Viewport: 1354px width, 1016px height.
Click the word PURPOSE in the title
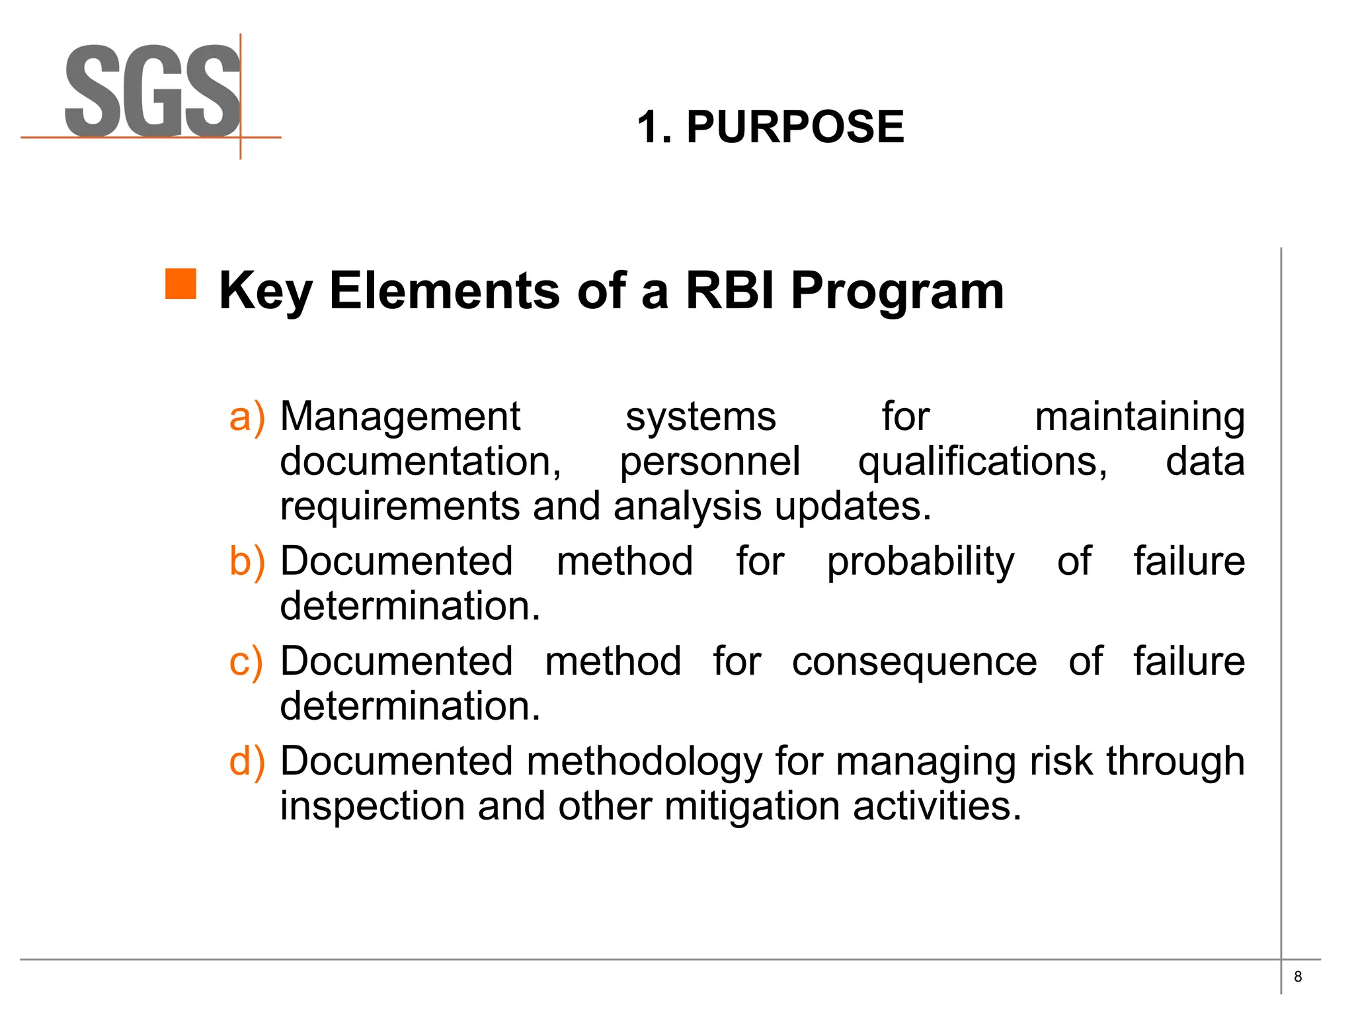(795, 126)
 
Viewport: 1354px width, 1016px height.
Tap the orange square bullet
(180, 284)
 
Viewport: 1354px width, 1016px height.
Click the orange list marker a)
(247, 417)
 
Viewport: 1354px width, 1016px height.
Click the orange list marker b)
(247, 561)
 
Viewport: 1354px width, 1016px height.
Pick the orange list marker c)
(246, 661)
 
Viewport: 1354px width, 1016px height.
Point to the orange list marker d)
(247, 761)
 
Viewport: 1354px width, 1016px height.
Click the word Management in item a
(400, 417)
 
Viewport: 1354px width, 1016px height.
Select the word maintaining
(1139, 417)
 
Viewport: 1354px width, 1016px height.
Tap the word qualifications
(982, 461)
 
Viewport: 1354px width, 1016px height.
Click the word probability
(920, 562)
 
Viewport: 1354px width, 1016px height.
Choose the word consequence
(914, 661)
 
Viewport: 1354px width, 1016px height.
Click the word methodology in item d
(644, 761)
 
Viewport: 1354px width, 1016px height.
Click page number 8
(1298, 976)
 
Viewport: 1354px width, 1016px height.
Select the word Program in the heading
(897, 291)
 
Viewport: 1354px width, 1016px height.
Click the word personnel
(709, 461)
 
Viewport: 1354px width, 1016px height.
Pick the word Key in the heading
(265, 291)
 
